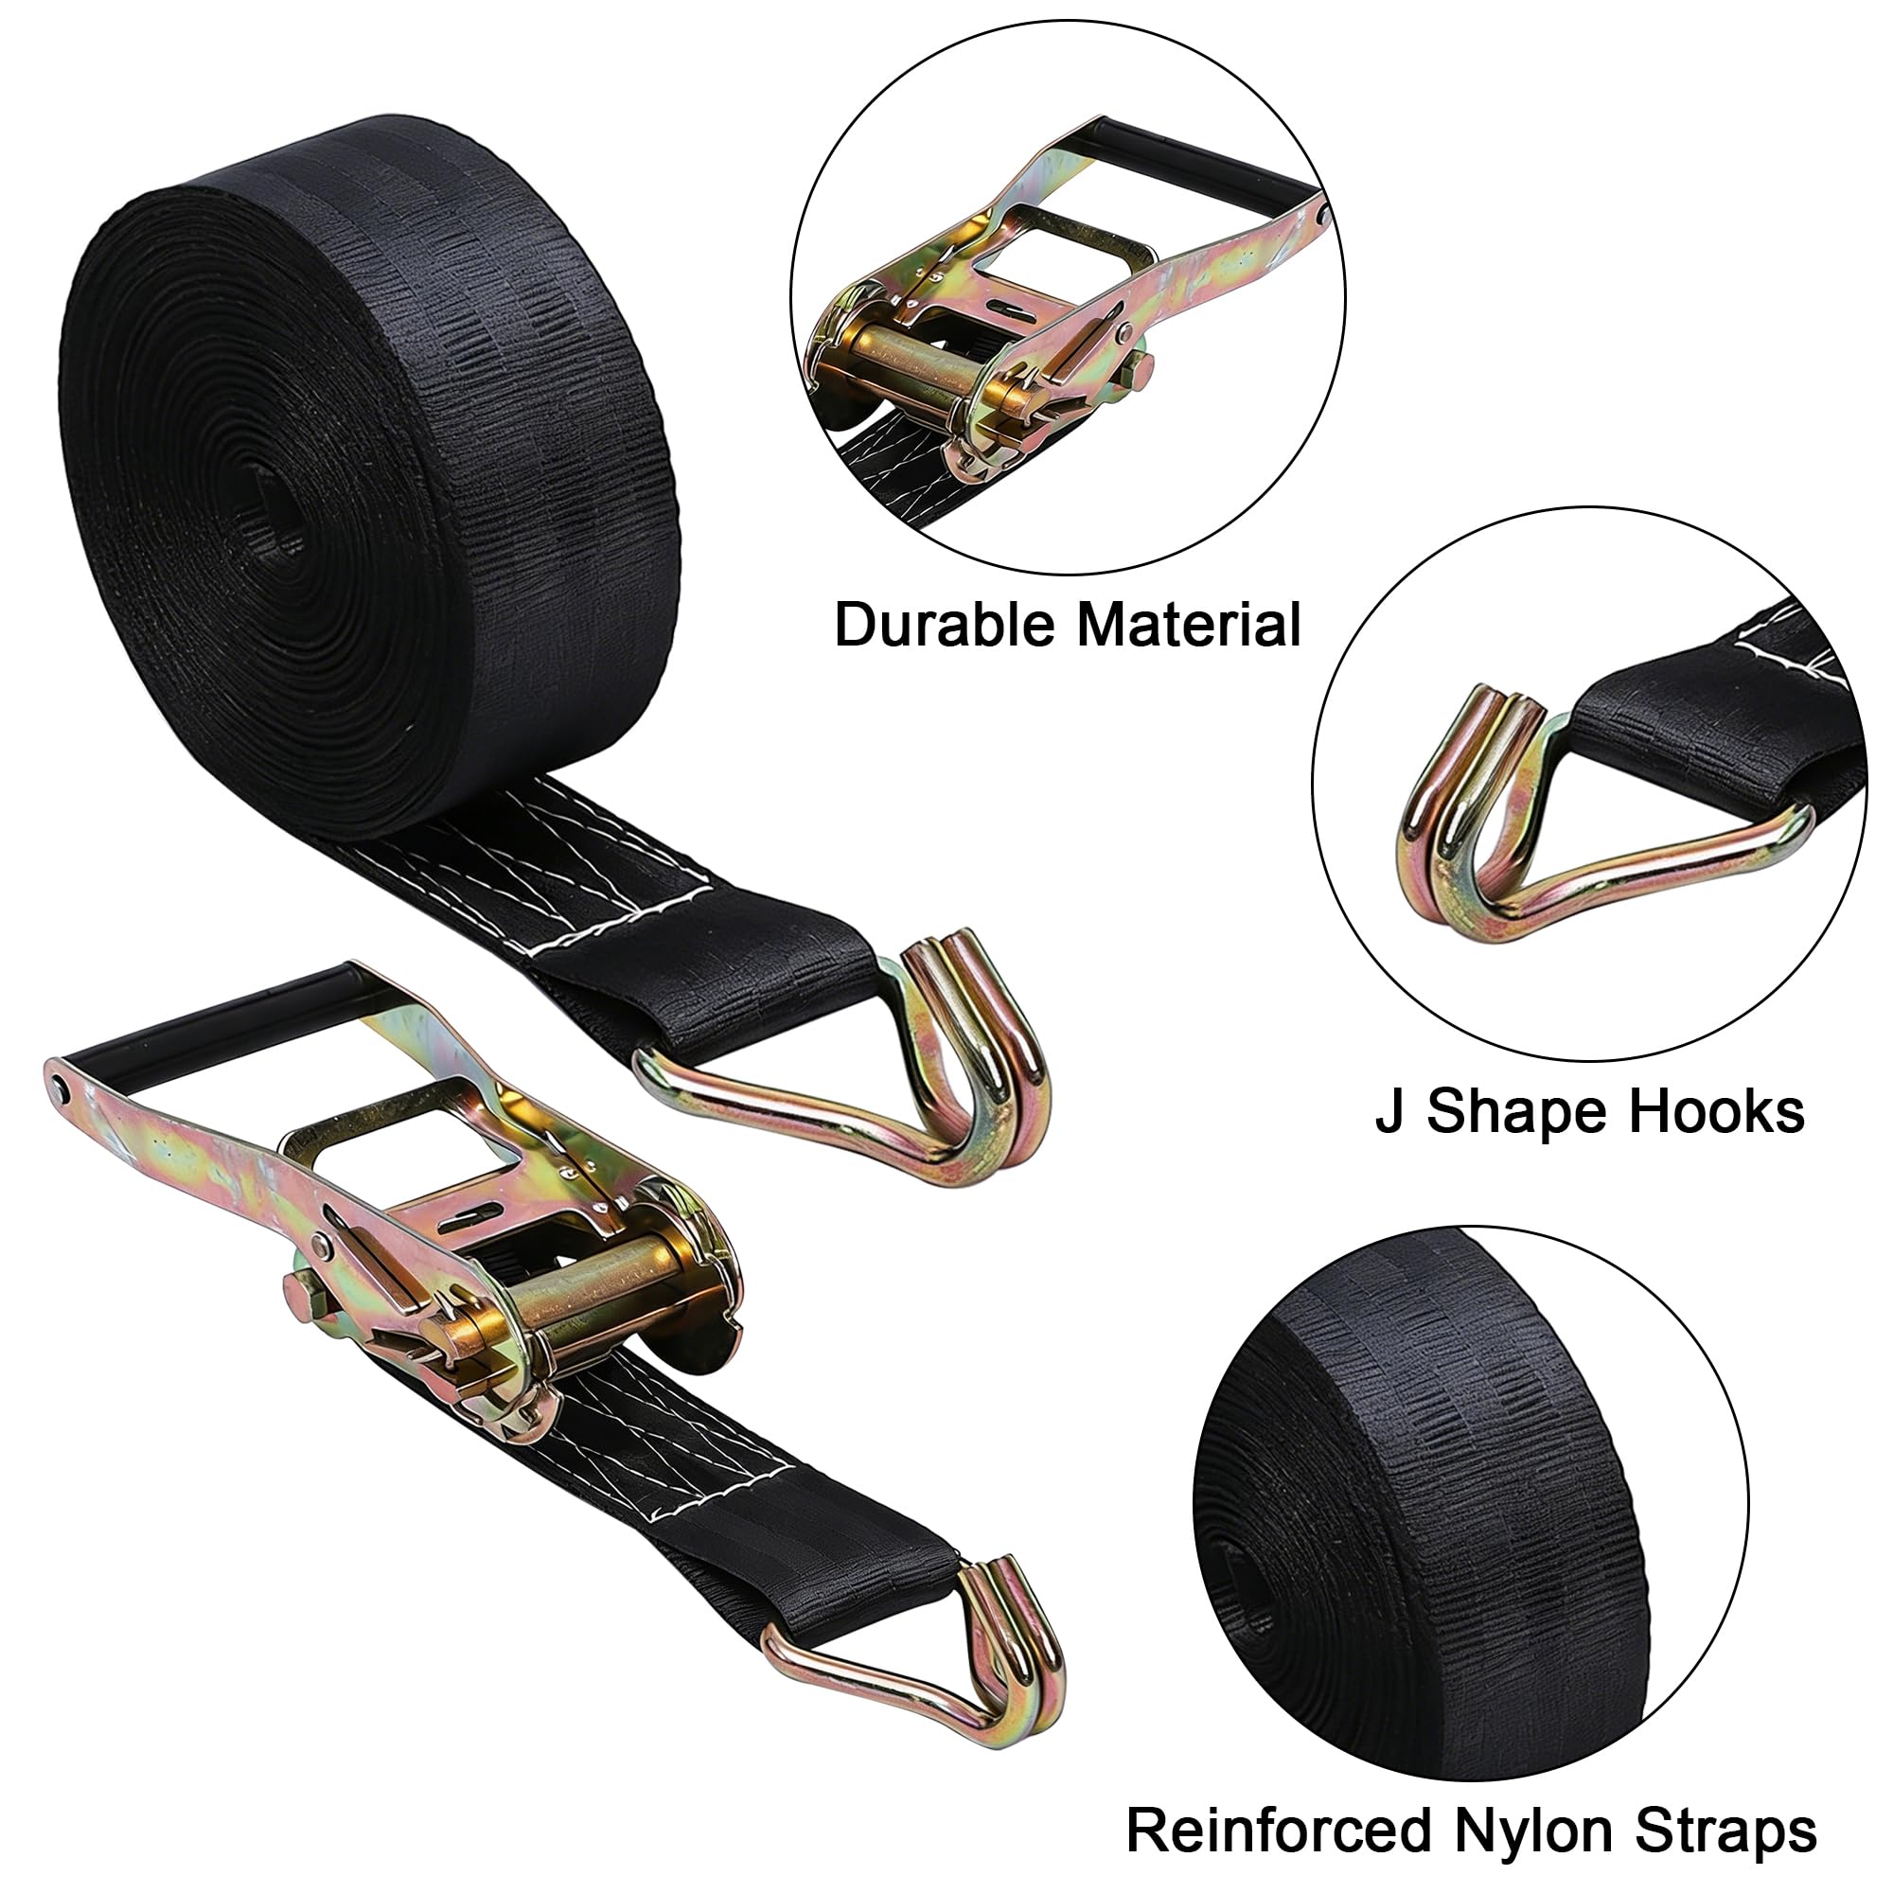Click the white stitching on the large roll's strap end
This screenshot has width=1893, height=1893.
[549, 862]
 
